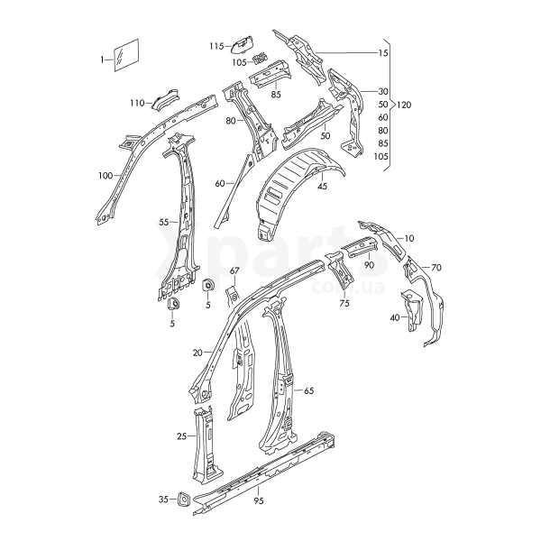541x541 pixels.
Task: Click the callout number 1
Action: point(102,60)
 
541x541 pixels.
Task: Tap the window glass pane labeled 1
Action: point(126,55)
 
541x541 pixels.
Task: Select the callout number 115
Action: point(216,46)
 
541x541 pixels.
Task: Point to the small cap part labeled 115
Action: point(242,44)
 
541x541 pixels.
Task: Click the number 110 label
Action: point(137,103)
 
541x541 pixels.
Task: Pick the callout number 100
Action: point(105,176)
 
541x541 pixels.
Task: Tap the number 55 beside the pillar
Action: point(164,222)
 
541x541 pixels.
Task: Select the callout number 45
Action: point(323,187)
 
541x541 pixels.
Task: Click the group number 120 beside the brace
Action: point(404,105)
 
